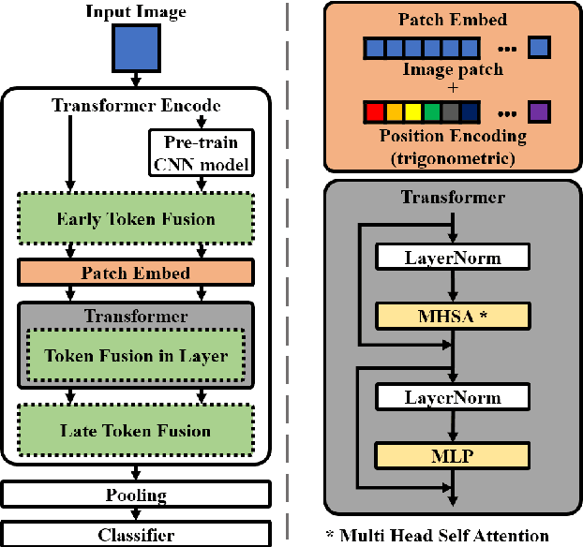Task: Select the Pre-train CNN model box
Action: pyautogui.click(x=202, y=154)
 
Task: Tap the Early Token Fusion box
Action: pyautogui.click(x=135, y=220)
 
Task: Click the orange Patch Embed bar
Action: pyautogui.click(x=135, y=273)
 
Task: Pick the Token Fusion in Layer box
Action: pyautogui.click(x=135, y=356)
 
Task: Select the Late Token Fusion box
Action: pyautogui.click(x=135, y=431)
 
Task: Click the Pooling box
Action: pyautogui.click(x=135, y=495)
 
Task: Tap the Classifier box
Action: pyautogui.click(x=135, y=535)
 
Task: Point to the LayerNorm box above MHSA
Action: pyautogui.click(x=452, y=256)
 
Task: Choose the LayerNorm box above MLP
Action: pyautogui.click(x=452, y=396)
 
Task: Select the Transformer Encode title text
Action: pyautogui.click(x=135, y=106)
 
